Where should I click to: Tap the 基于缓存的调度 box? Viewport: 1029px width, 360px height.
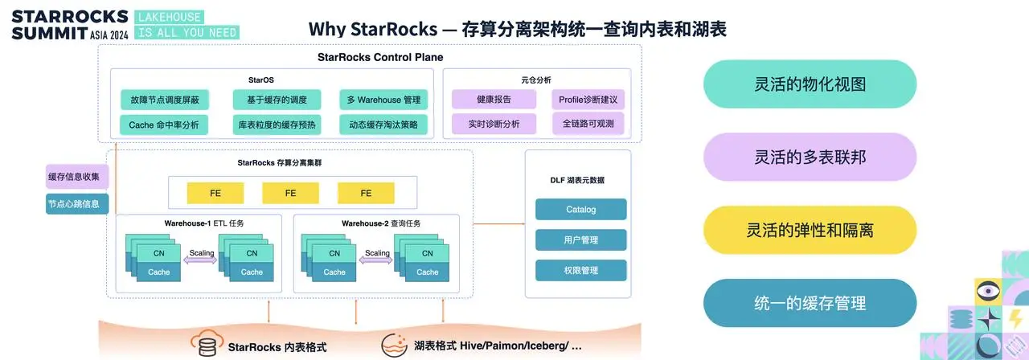click(277, 100)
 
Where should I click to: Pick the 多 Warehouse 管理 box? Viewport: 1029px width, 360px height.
click(383, 100)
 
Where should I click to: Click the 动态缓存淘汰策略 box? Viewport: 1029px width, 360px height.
click(383, 125)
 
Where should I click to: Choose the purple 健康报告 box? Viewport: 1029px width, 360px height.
click(494, 100)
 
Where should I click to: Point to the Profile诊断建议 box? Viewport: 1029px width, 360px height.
click(588, 100)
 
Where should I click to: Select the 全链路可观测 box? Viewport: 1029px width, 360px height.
click(588, 124)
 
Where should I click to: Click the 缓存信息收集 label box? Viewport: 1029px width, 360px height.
click(77, 177)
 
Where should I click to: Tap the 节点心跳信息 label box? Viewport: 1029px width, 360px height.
click(77, 204)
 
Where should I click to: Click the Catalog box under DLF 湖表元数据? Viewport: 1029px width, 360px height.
click(580, 210)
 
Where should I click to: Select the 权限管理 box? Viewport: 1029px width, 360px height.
click(580, 270)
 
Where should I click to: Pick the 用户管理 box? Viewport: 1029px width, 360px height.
click(580, 239)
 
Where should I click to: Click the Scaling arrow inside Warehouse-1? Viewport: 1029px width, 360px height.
click(202, 259)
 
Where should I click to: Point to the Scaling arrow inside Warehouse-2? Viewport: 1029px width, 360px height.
click(377, 259)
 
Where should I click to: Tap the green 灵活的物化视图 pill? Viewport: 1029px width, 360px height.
click(810, 84)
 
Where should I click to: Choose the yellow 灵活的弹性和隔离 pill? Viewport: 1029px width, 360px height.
click(810, 230)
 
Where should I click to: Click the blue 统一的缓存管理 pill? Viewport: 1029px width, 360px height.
click(810, 303)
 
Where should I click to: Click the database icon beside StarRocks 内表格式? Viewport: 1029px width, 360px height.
click(205, 346)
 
